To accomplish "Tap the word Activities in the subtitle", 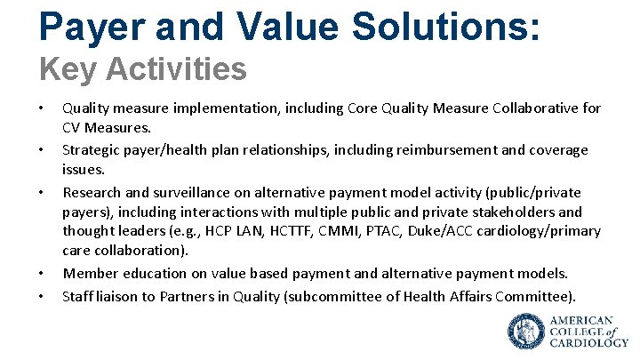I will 181,68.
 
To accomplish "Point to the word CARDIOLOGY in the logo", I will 588,341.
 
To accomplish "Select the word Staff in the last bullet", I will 76,295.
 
